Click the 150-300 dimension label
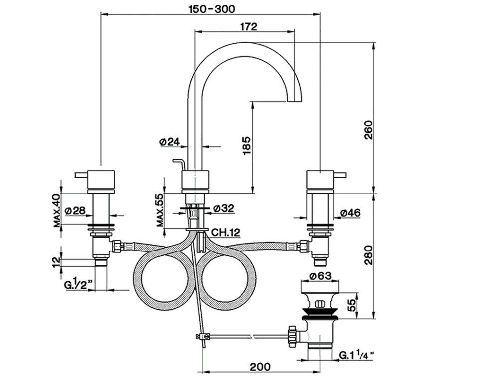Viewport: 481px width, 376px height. tap(211, 8)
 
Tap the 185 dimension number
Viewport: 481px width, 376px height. tap(247, 146)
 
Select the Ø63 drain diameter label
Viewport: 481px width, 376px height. tap(321, 276)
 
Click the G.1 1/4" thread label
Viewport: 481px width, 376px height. tap(357, 355)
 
